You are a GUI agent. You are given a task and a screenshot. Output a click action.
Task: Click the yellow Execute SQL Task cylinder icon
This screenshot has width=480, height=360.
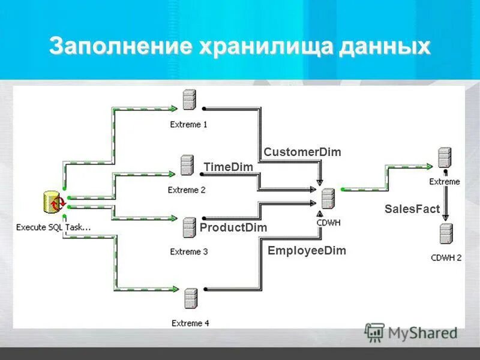pyautogui.click(x=53, y=203)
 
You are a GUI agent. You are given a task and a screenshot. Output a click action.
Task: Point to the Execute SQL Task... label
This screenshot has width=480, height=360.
pyautogui.click(x=53, y=227)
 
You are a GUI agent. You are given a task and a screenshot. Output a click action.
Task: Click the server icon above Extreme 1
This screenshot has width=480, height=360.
pyautogui.click(x=190, y=100)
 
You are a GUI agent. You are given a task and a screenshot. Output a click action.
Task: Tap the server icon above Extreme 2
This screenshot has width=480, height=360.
pyautogui.click(x=187, y=165)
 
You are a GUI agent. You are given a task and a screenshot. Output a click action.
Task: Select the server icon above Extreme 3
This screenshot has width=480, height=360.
pyautogui.click(x=190, y=227)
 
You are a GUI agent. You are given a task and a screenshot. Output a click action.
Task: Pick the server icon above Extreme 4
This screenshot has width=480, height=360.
pyautogui.click(x=191, y=298)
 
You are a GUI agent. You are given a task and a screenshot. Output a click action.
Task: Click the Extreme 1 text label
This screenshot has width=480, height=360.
pyautogui.click(x=189, y=125)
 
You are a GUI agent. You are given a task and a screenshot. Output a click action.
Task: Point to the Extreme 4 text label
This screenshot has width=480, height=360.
pyautogui.click(x=190, y=323)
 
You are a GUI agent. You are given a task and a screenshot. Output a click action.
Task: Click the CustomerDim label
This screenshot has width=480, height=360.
pyautogui.click(x=302, y=152)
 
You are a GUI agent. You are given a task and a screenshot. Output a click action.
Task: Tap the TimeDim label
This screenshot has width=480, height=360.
pyautogui.click(x=228, y=167)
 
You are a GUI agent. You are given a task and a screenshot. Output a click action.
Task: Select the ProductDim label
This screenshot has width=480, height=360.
pyautogui.click(x=233, y=227)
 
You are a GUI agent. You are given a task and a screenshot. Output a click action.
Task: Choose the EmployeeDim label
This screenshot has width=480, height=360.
pyautogui.click(x=307, y=251)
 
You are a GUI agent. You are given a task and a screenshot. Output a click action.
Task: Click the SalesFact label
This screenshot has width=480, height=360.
pyautogui.click(x=412, y=209)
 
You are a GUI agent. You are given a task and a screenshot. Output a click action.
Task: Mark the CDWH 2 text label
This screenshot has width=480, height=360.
pyautogui.click(x=446, y=258)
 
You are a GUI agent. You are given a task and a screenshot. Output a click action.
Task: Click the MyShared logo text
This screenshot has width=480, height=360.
pyautogui.click(x=422, y=332)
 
